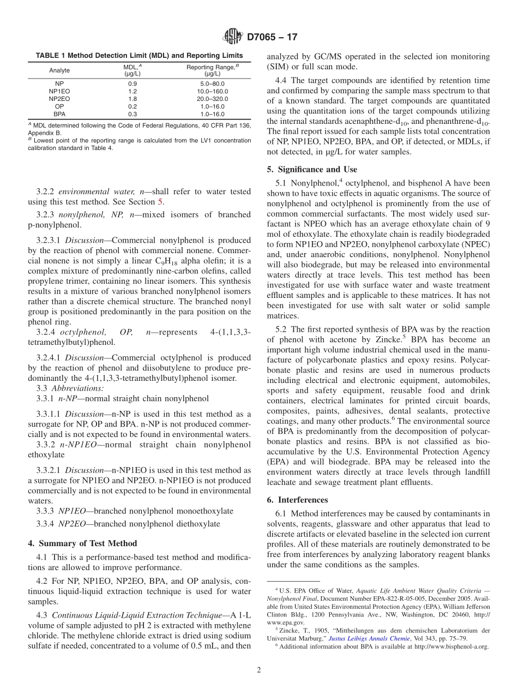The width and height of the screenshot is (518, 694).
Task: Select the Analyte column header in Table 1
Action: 59,70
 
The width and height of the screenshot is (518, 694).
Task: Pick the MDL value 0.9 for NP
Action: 132,83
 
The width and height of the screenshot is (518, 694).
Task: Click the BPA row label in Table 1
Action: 59,114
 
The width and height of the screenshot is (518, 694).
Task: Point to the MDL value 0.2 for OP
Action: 132,106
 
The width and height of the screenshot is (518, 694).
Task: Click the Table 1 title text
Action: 139,56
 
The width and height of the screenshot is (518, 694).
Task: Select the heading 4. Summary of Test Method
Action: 82,543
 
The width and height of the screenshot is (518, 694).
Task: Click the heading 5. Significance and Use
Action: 312,169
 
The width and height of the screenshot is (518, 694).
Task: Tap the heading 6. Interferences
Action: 297,500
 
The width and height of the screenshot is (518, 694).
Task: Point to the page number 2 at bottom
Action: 259,670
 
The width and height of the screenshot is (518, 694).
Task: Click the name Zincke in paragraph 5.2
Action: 386,339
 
